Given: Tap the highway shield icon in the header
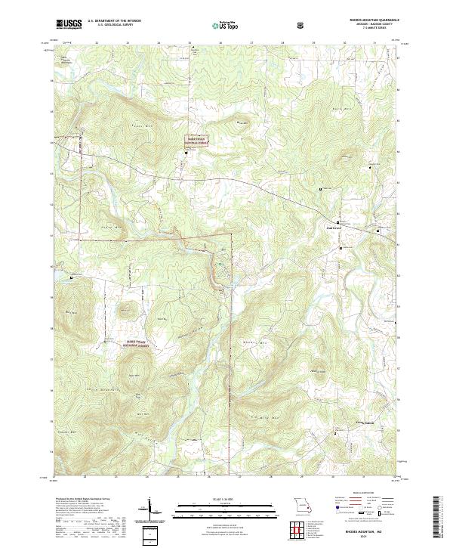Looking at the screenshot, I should (301, 25).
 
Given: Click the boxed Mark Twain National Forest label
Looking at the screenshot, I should (198, 140).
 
